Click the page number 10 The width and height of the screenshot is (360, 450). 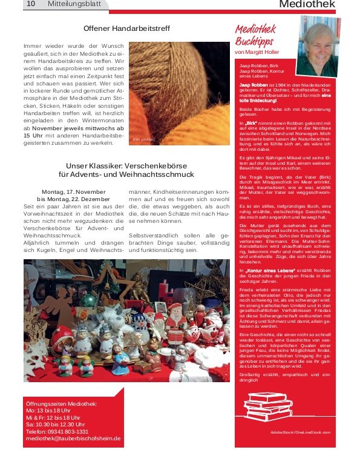click(x=31, y=4)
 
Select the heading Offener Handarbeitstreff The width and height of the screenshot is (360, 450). click(x=126, y=28)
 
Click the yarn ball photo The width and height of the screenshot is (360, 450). click(x=179, y=93)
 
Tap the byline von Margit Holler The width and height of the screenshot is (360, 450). click(x=257, y=53)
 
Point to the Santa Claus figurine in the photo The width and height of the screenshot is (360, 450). click(x=176, y=322)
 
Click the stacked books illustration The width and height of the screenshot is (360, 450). click(x=268, y=405)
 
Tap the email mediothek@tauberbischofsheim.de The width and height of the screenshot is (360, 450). click(x=73, y=438)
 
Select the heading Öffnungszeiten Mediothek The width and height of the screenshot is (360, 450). click(x=61, y=403)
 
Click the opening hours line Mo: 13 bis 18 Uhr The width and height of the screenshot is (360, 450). click(x=48, y=411)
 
